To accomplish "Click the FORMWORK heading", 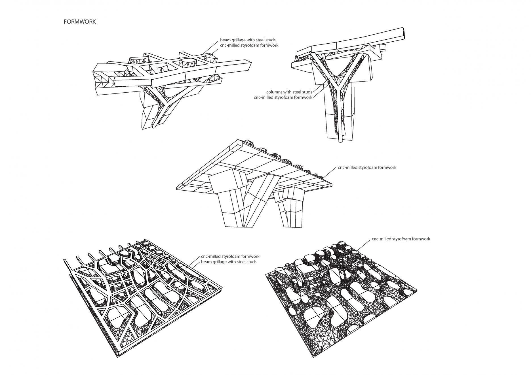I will pos(80,22).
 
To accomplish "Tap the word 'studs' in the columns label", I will pos(307,92).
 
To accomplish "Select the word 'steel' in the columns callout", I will pos(296,92).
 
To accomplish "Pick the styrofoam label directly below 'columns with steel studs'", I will pos(283,97).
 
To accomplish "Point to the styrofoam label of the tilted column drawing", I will pos(249,45).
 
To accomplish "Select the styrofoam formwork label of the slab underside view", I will pos(367,167).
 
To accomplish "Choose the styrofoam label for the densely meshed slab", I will pos(401,239).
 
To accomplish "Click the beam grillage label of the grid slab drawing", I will pos(229,262).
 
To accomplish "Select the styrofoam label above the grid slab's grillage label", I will pos(230,257).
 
